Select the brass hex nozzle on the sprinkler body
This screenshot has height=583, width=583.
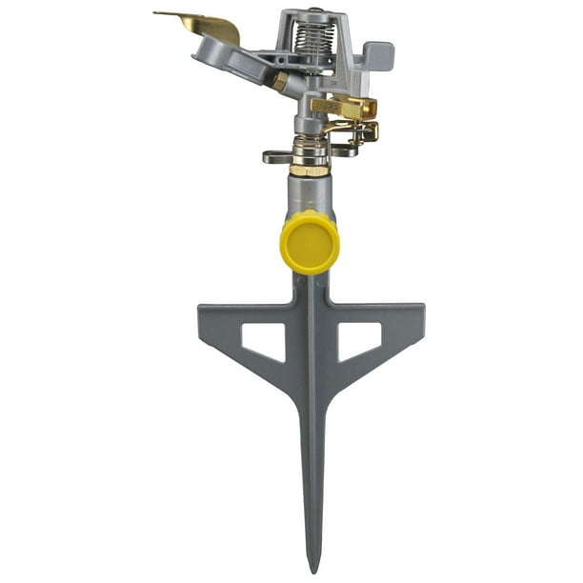(280, 83)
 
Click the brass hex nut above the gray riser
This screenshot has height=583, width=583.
(309, 170)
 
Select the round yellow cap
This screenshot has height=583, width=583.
(311, 242)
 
